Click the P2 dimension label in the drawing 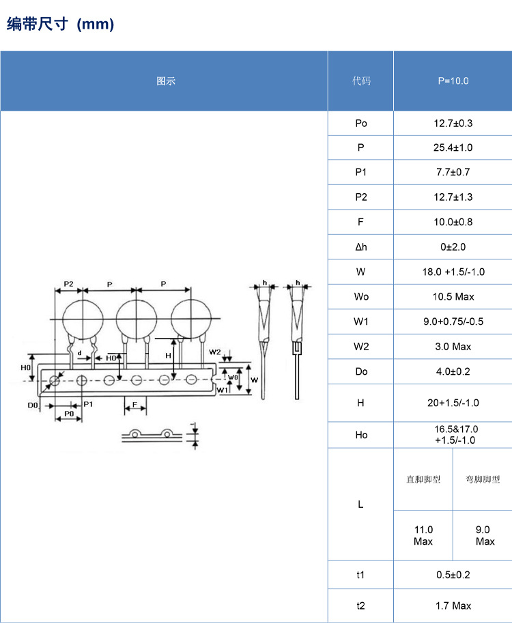pyautogui.click(x=68, y=283)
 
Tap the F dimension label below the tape pyautogui.click(x=135, y=406)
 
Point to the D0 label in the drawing pyautogui.click(x=33, y=406)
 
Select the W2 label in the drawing pyautogui.click(x=215, y=352)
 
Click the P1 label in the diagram pyautogui.click(x=88, y=404)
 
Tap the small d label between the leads pyautogui.click(x=80, y=353)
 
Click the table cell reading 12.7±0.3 pyautogui.click(x=453, y=124)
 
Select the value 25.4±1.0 pyautogui.click(x=453, y=148)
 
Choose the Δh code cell pyautogui.click(x=361, y=247)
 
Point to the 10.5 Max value pyautogui.click(x=453, y=297)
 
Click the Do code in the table pyautogui.click(x=361, y=371)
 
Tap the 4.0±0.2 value pyautogui.click(x=453, y=371)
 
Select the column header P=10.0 pyautogui.click(x=453, y=81)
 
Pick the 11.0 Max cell pyautogui.click(x=423, y=535)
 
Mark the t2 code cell pyautogui.click(x=361, y=606)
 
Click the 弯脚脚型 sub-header pyautogui.click(x=483, y=480)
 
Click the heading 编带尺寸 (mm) pyautogui.click(x=60, y=25)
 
